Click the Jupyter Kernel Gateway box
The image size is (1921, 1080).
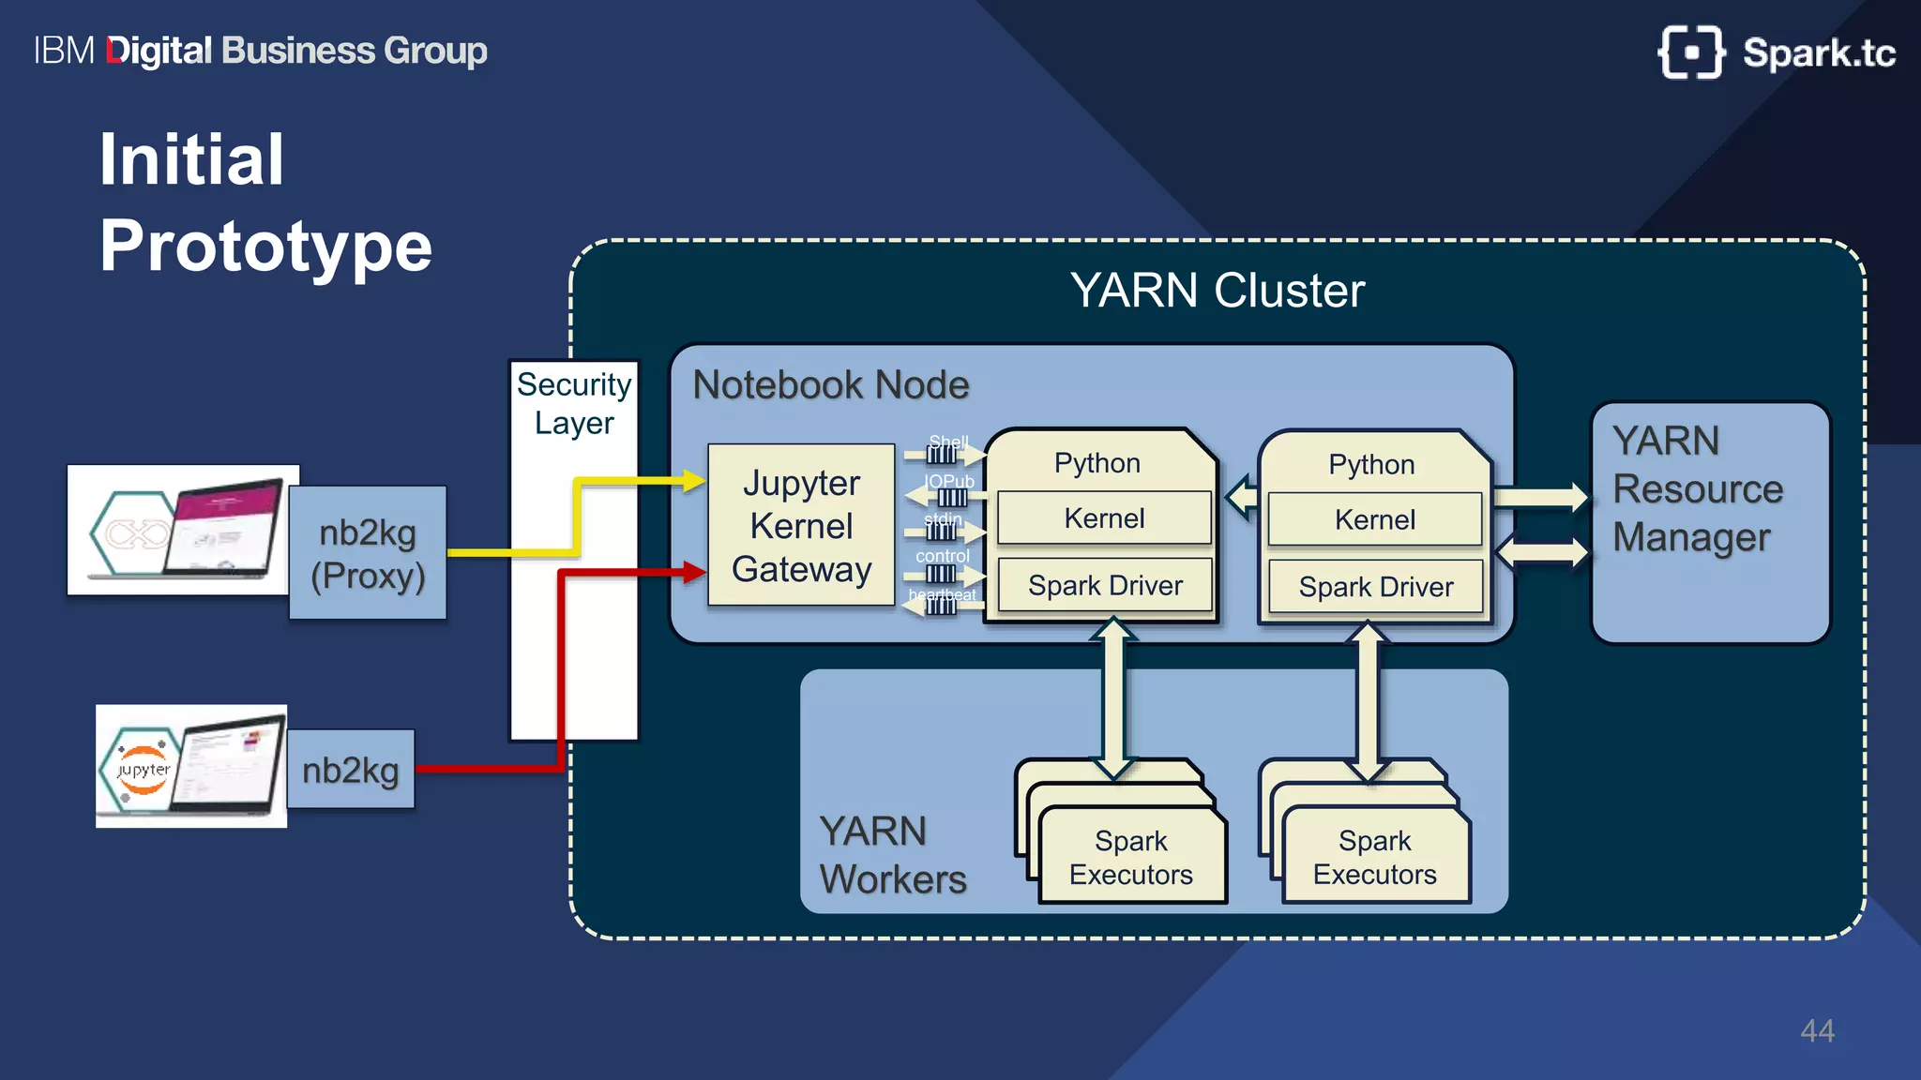[x=801, y=525]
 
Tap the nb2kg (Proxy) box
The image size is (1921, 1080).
[x=368, y=553]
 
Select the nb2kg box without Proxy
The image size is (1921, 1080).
[x=350, y=770]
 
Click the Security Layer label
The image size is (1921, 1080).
[x=574, y=403]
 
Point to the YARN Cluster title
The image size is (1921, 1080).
[x=1217, y=291]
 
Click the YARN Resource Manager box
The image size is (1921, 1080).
[x=1709, y=522]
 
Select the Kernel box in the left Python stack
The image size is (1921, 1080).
[x=1104, y=518]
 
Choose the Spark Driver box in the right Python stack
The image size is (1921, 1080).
[x=1375, y=587]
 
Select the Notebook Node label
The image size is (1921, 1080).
[x=830, y=385]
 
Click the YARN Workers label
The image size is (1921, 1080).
[x=891, y=855]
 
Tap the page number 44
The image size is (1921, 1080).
[x=1817, y=1030]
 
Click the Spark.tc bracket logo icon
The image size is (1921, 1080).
[x=1690, y=52]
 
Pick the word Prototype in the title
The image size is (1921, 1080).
[x=265, y=246]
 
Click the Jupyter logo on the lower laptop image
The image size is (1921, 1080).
[x=143, y=770]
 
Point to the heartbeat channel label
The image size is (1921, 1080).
[x=942, y=594]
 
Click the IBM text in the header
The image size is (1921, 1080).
[x=64, y=51]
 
